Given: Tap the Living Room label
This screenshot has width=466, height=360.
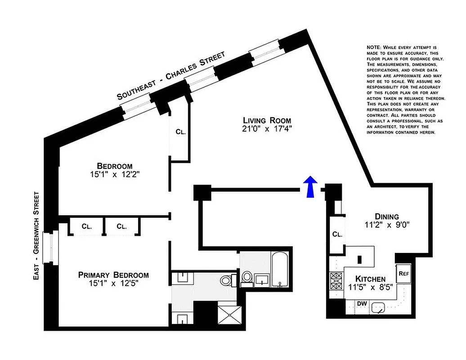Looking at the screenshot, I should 267,120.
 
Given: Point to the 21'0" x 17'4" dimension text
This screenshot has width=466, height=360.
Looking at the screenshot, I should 267,129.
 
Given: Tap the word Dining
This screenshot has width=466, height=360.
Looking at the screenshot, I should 387,216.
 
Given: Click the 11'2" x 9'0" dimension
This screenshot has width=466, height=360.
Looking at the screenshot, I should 387,225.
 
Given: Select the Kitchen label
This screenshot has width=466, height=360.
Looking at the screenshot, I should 370,279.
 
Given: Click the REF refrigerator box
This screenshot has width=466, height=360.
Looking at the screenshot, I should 403,273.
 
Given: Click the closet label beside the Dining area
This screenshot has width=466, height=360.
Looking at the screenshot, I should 337,234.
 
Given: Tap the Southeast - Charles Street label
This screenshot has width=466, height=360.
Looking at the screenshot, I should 171,75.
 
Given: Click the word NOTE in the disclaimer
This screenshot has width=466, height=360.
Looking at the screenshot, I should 375,47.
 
